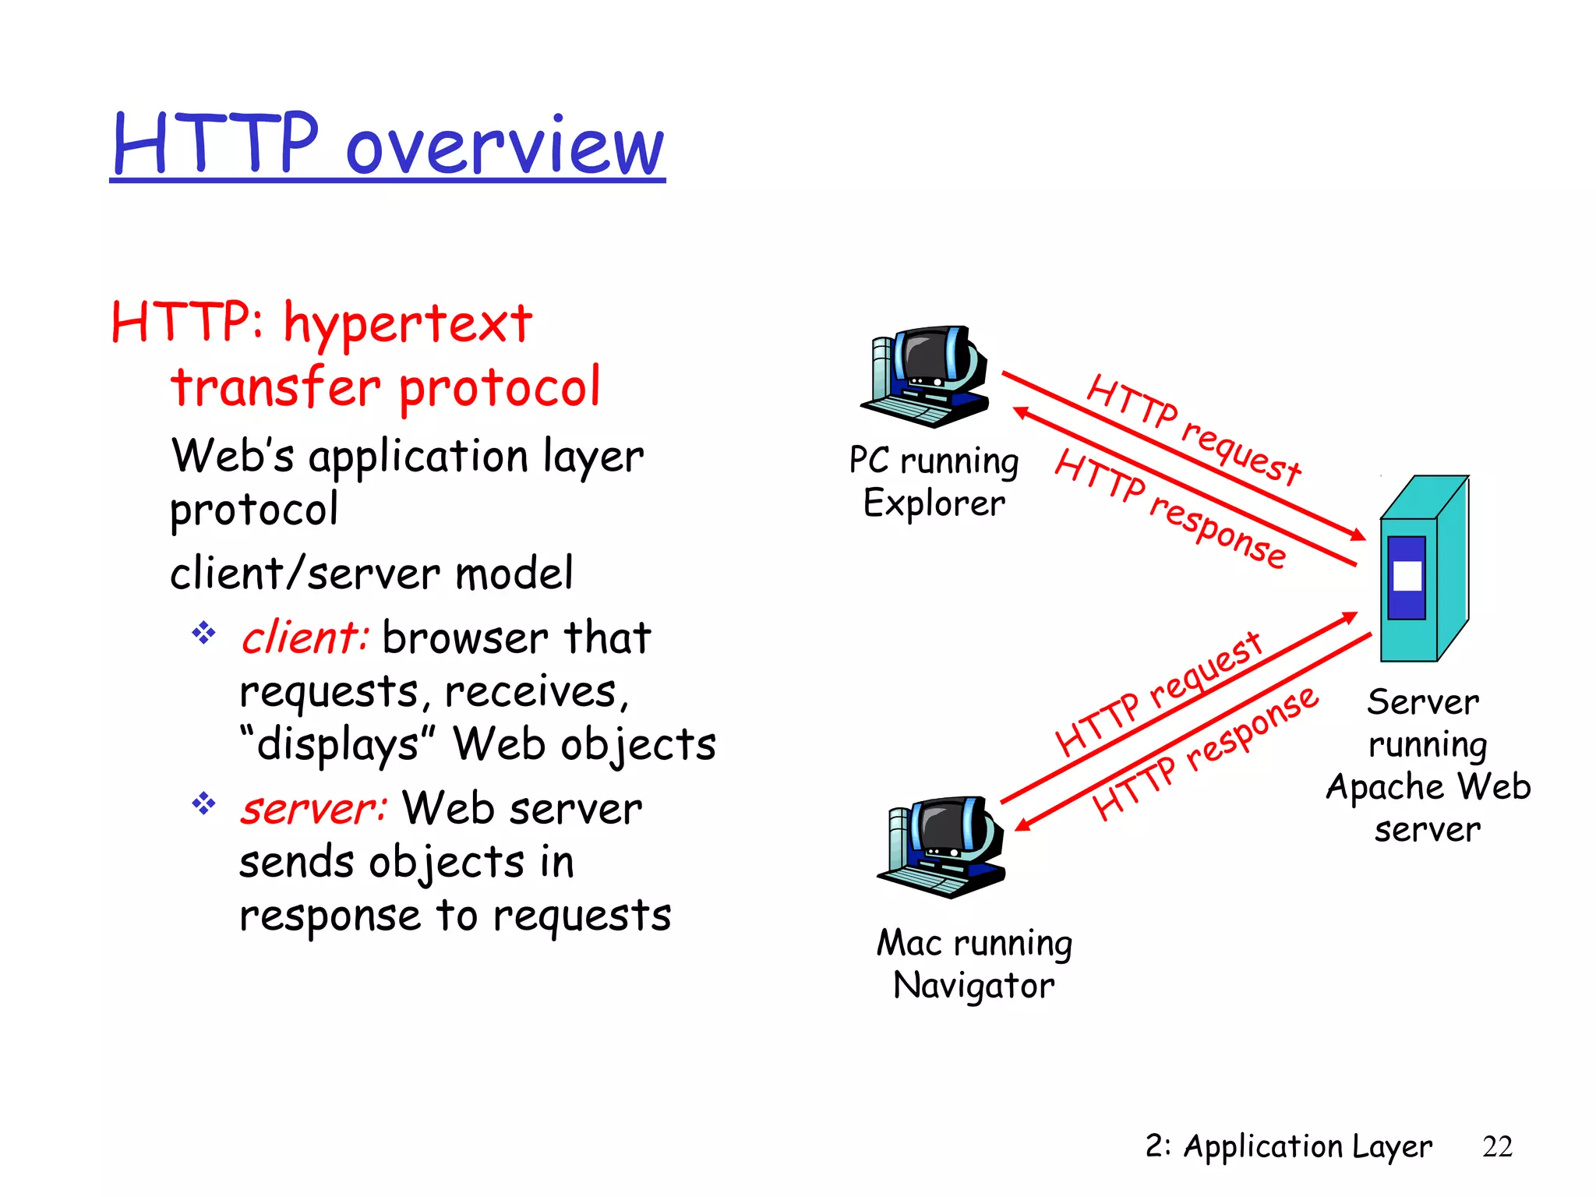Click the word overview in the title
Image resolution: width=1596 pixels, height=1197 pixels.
click(x=505, y=148)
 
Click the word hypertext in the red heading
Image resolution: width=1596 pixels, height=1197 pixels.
click(x=408, y=324)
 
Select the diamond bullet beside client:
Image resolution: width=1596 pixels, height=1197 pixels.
click(x=203, y=632)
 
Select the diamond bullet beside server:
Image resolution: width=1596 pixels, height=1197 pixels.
click(x=203, y=803)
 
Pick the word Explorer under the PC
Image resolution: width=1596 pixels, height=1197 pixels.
click(x=934, y=503)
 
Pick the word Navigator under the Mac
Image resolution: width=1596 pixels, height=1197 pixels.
click(x=973, y=986)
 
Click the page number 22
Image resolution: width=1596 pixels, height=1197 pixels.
click(x=1497, y=1146)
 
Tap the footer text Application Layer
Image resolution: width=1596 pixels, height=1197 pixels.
click(x=1307, y=1146)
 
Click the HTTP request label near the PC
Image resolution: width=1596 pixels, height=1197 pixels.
click(x=1193, y=429)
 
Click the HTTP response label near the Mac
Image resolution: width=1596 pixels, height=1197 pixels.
click(x=1205, y=754)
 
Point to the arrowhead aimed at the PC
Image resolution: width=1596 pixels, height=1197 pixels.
click(x=1020, y=411)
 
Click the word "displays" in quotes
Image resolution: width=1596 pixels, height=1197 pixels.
click(x=337, y=744)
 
